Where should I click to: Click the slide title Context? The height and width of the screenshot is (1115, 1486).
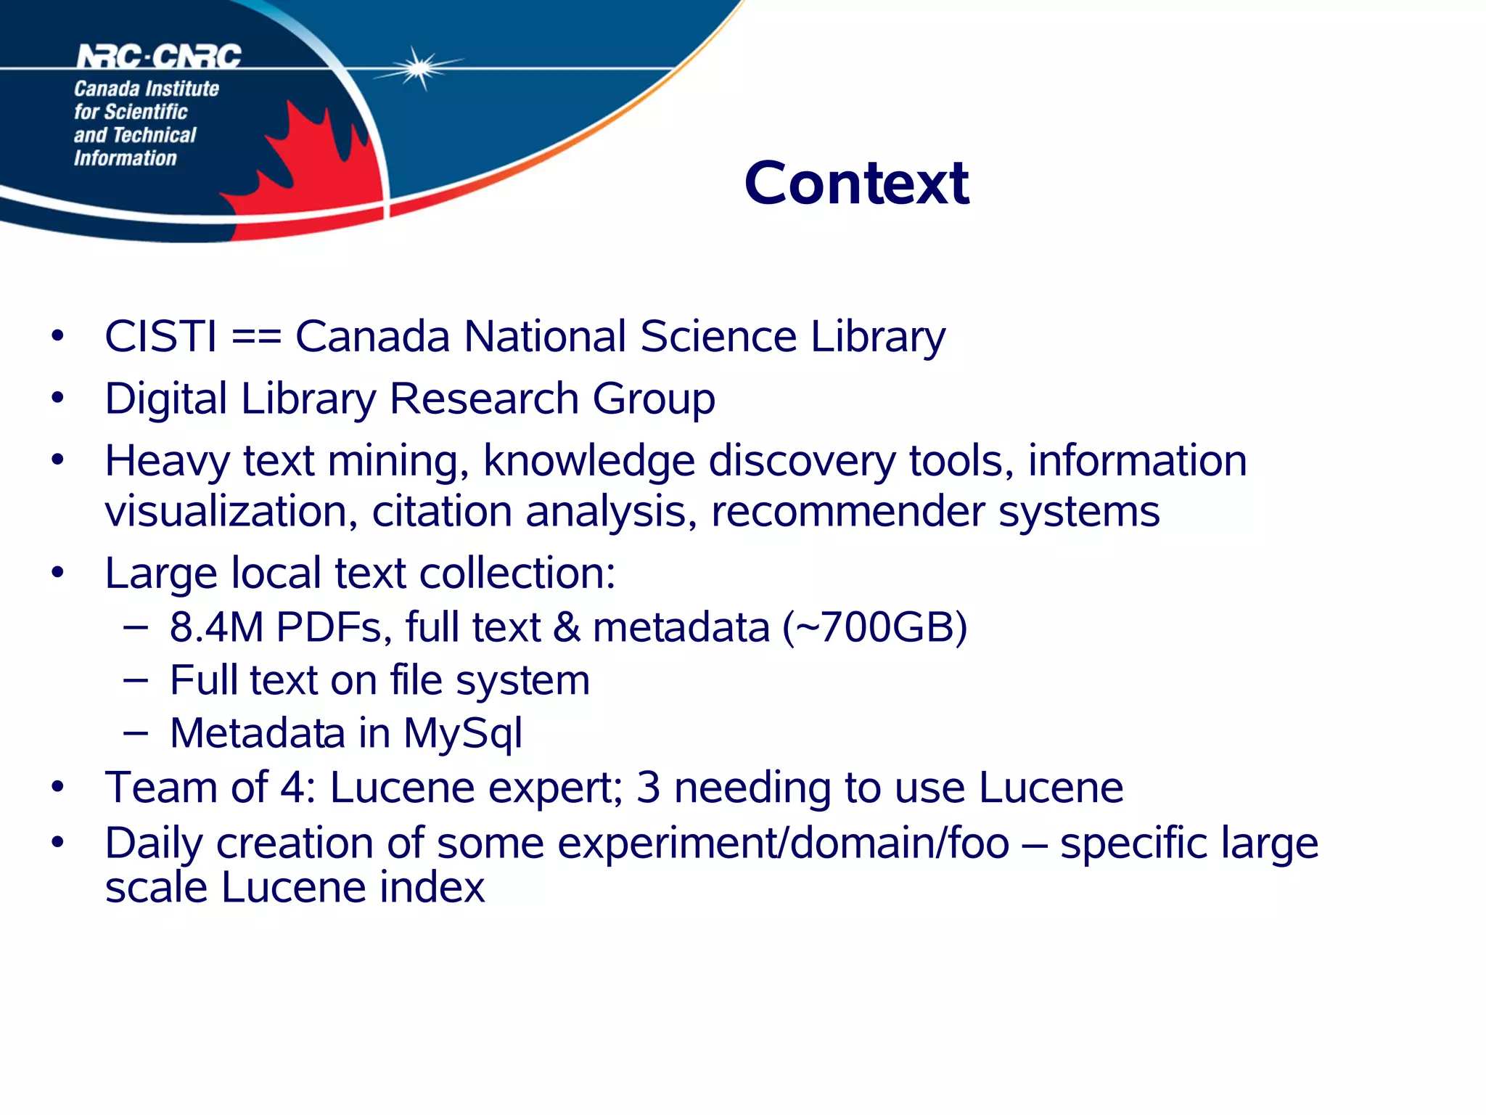coord(856,183)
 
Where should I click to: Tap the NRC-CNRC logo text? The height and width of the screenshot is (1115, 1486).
coord(159,57)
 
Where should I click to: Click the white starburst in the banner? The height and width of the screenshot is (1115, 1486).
coord(419,68)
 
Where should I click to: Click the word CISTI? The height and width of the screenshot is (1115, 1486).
coord(160,337)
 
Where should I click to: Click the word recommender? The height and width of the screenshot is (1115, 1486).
coord(848,512)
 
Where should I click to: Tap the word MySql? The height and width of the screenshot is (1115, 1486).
coord(462,733)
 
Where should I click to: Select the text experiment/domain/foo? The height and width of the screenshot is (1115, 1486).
coord(784,844)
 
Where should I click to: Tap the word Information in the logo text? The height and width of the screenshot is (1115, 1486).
coord(125,158)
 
